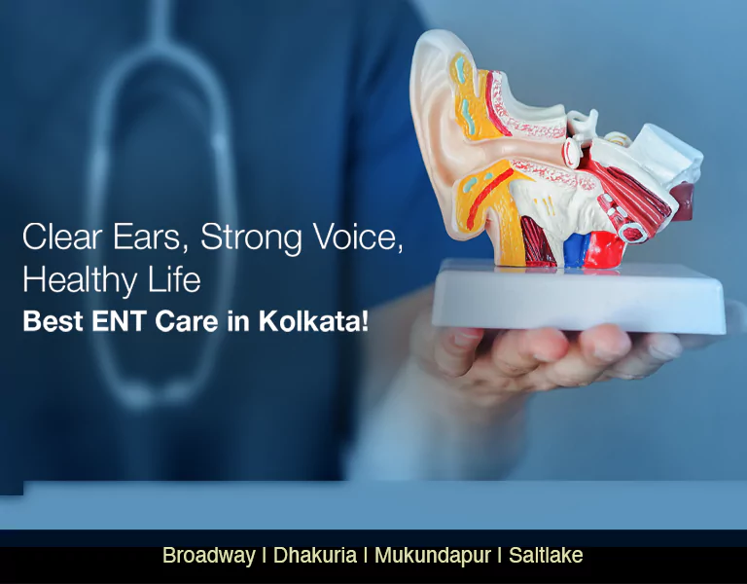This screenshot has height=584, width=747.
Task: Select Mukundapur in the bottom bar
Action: click(x=432, y=556)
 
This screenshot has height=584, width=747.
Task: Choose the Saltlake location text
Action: click(x=545, y=556)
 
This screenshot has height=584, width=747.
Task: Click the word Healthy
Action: click(x=79, y=279)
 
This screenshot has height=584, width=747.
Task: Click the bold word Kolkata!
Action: click(x=313, y=321)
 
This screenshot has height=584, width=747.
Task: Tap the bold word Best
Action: click(x=53, y=321)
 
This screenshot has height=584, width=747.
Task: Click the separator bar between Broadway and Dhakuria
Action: click(x=265, y=556)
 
